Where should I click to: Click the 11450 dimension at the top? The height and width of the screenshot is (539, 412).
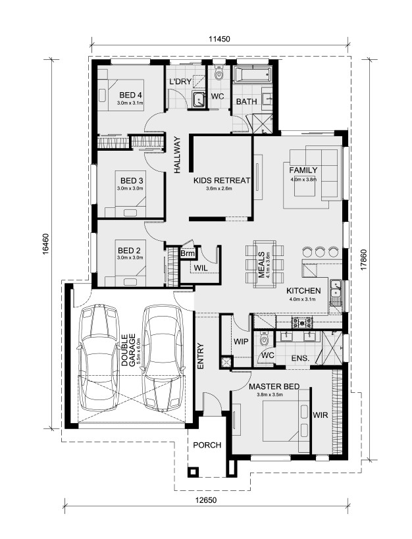[x=219, y=39]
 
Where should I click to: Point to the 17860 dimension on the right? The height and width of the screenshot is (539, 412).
[x=365, y=260]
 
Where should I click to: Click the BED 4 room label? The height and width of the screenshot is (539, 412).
[x=131, y=95]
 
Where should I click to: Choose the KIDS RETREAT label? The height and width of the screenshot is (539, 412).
[x=222, y=180]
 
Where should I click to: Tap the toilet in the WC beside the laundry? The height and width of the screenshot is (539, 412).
[x=219, y=73]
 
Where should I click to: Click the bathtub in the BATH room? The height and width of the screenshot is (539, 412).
[x=253, y=74]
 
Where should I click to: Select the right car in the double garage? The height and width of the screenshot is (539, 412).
[x=163, y=357]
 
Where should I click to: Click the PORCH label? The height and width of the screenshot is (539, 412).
[x=207, y=445]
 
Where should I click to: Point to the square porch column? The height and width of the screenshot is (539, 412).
[x=193, y=472]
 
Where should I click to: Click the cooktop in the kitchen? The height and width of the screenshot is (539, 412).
[x=302, y=322]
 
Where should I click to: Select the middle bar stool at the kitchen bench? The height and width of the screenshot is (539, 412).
[x=320, y=252]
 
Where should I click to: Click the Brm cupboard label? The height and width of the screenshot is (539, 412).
[x=188, y=253]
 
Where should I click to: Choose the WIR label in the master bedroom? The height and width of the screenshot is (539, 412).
[x=320, y=415]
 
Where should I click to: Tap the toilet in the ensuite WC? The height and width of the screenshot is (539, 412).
[x=264, y=339]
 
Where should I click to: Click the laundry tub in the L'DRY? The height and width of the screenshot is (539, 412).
[x=199, y=99]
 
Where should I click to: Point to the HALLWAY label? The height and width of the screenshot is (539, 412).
[x=177, y=155]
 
